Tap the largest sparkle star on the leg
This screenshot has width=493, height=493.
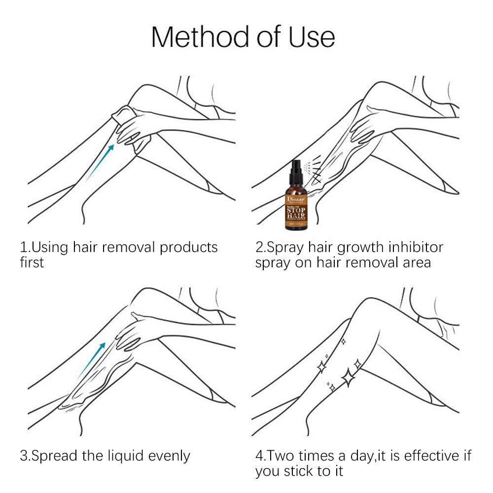pyautogui.click(x=349, y=378)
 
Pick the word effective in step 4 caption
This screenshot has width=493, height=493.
pyautogui.click(x=427, y=456)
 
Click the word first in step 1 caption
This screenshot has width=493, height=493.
pyautogui.click(x=32, y=262)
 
